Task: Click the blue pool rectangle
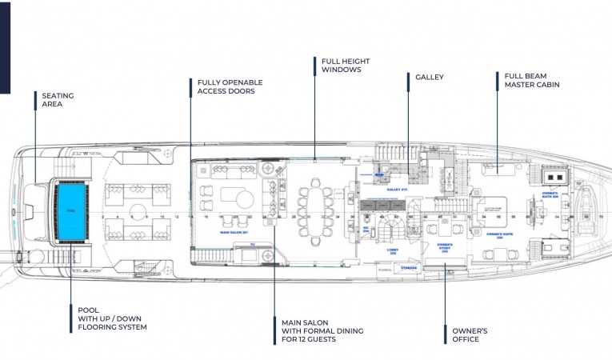point(70,210)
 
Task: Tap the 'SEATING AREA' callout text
point(58,100)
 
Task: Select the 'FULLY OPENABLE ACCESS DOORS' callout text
point(230,86)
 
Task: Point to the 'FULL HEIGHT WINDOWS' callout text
point(342,65)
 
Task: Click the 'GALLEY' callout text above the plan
point(429,78)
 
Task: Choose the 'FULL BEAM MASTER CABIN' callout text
point(531,80)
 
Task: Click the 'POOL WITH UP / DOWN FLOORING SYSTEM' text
point(112,318)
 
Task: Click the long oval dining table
point(317,211)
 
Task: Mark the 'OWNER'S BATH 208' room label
point(550,194)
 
